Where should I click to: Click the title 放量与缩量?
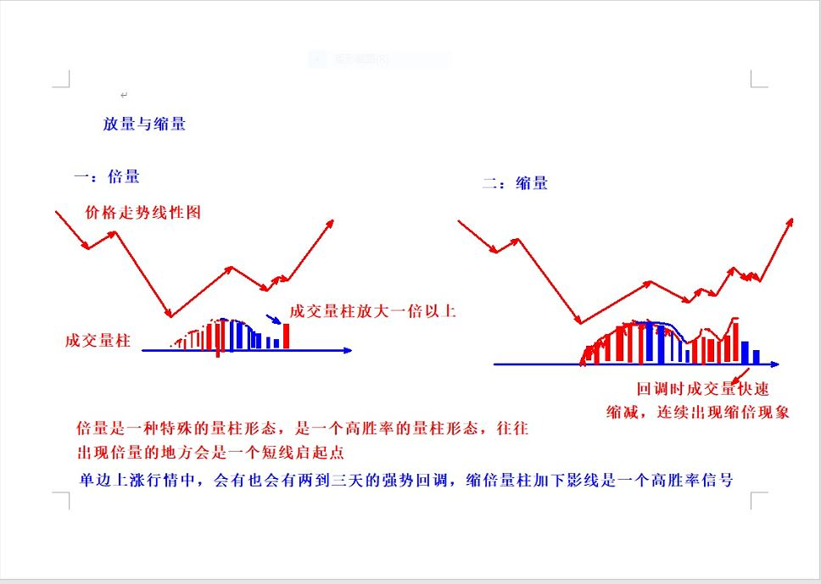pyautogui.click(x=144, y=124)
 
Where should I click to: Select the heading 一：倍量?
pyautogui.click(x=108, y=177)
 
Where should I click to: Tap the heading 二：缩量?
pyautogui.click(x=515, y=183)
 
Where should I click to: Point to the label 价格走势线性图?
pyautogui.click(x=143, y=213)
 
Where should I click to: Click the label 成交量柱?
pyautogui.click(x=98, y=341)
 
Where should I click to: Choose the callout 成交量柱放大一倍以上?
pyautogui.click(x=372, y=311)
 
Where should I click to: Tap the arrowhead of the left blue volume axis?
pyautogui.click(x=347, y=350)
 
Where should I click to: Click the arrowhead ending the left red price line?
pyautogui.click(x=329, y=222)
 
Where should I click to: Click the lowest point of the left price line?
pyautogui.click(x=170, y=315)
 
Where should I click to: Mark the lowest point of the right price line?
pyautogui.click(x=580, y=322)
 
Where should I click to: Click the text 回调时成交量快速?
pyautogui.click(x=702, y=390)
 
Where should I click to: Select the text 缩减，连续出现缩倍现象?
pyautogui.click(x=697, y=412)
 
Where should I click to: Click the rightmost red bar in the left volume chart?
pyautogui.click(x=287, y=336)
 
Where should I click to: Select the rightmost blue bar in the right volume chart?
pyautogui.click(x=757, y=357)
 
